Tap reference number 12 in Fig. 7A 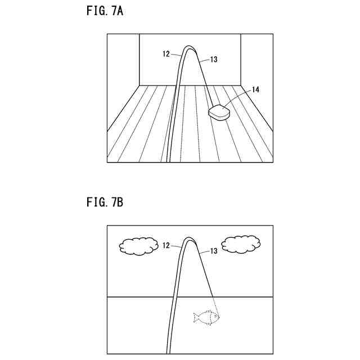pos(166,55)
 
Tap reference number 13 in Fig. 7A pos(213,58)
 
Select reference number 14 pos(255,89)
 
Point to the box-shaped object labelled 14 pos(219,112)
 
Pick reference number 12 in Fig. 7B pos(166,246)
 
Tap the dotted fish pos(207,318)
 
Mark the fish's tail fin pos(196,318)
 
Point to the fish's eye pos(215,316)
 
